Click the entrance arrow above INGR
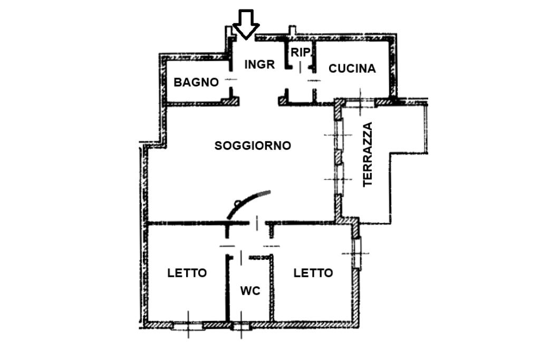pyautogui.click(x=246, y=24)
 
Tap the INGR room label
pyautogui.click(x=260, y=64)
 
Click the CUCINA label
pyautogui.click(x=352, y=69)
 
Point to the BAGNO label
pyautogui.click(x=196, y=82)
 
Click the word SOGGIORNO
pyautogui.click(x=253, y=145)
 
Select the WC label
pyautogui.click(x=250, y=290)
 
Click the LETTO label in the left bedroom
pyautogui.click(x=187, y=273)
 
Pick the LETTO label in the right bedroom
pyautogui.click(x=313, y=273)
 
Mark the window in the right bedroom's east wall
pyautogui.click(x=358, y=254)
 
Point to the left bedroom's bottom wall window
pyautogui.click(x=188, y=325)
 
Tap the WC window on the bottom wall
pyautogui.click(x=242, y=325)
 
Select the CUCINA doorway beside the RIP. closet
pyautogui.click(x=314, y=81)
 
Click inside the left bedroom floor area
pyautogui.click(x=185, y=300)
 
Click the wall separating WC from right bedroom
pyautogui.click(x=273, y=290)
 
